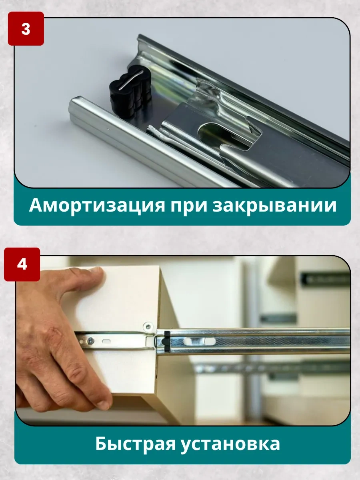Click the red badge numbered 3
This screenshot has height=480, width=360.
tap(26, 29)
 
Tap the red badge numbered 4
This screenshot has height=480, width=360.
tap(22, 264)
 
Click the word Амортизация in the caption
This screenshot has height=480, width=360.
tap(97, 206)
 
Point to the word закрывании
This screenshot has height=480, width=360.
tap(274, 206)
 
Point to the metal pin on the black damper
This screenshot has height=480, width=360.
tap(131, 80)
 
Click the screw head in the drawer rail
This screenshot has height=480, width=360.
tap(90, 341)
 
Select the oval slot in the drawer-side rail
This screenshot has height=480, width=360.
tap(107, 341)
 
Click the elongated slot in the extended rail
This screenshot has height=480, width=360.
tap(199, 341)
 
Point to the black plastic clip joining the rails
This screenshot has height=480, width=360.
tap(166, 341)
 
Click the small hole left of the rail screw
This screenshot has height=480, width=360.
tap(82, 341)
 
